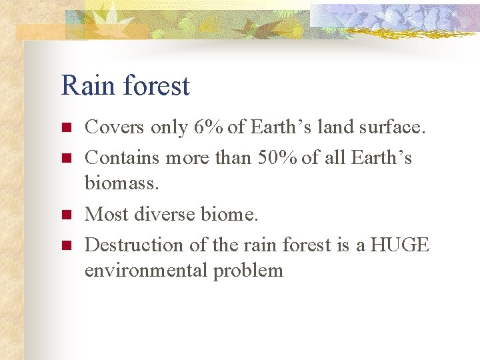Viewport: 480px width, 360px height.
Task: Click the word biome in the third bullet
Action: coord(233,214)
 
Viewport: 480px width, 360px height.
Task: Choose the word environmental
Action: coord(146,270)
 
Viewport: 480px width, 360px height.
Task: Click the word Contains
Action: coord(123,157)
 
